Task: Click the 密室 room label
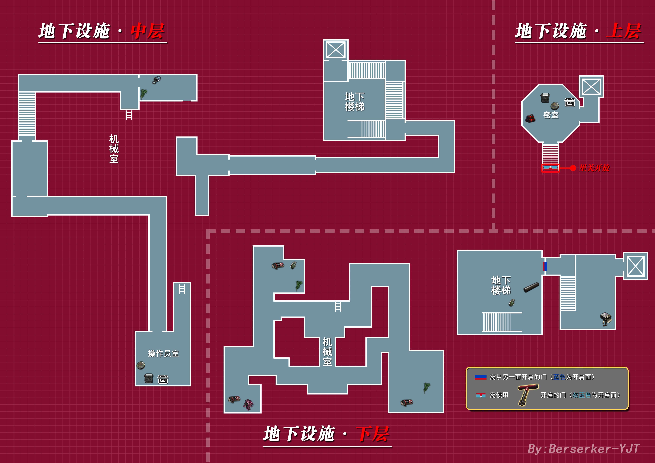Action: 551,115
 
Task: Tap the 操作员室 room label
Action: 163,354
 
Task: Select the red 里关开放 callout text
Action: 594,168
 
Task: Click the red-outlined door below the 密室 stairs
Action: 550,168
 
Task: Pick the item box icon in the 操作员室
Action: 163,379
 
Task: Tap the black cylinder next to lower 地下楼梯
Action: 531,287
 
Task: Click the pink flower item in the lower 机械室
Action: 248,404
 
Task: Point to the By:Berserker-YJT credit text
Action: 583,448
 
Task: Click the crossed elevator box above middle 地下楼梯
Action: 336,50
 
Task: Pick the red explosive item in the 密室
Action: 531,118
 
